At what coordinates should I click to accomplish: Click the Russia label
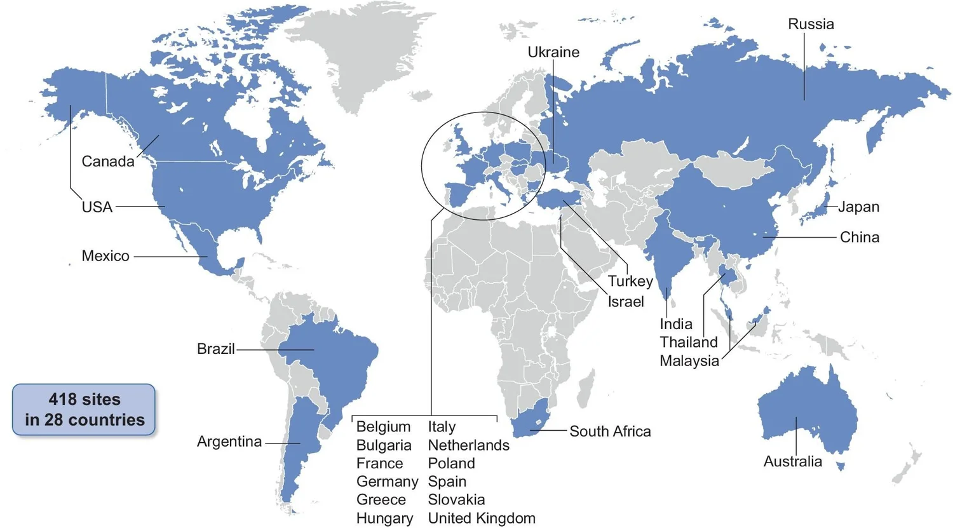tap(811, 24)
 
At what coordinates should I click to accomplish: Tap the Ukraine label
tap(553, 52)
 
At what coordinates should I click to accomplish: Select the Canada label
tap(108, 161)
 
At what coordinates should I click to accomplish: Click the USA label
tap(97, 207)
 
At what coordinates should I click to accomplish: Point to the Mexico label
tap(105, 256)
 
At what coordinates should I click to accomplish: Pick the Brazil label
tap(216, 349)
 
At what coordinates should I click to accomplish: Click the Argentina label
tap(229, 442)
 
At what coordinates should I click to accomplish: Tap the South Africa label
tap(610, 431)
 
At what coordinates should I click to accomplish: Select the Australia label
tap(792, 462)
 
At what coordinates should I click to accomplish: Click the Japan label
tap(858, 206)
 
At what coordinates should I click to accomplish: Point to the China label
tap(860, 238)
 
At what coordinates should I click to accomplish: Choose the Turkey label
tap(630, 281)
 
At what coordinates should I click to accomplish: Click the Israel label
tap(626, 302)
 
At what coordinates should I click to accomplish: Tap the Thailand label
tap(689, 342)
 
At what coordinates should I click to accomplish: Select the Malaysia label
tap(689, 361)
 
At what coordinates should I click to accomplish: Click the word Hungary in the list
tap(384, 518)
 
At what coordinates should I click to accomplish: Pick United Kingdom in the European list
tap(482, 518)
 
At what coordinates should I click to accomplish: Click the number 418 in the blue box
tap(62, 400)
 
